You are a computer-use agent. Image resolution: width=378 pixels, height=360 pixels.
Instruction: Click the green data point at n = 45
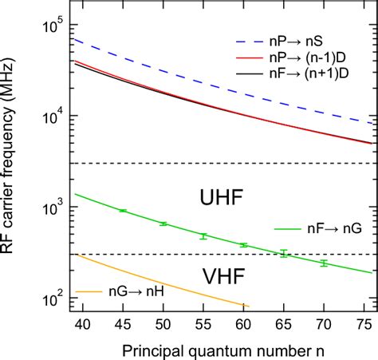coord(123,211)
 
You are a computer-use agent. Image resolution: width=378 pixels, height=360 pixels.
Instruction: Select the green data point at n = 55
coord(203,236)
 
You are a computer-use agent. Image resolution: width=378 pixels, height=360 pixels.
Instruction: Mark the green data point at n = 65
coord(283,254)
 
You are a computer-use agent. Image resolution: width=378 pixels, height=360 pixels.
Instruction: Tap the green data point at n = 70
coord(323,263)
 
